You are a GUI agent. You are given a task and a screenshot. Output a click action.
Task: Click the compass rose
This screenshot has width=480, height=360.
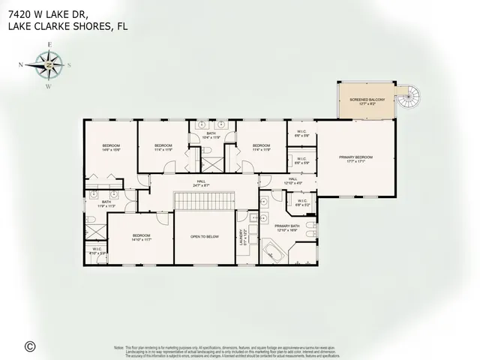pos(48,66)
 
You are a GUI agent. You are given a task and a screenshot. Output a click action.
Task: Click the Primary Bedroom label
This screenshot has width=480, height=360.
pos(355,158)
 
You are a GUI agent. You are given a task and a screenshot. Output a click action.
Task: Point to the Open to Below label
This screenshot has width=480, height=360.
pos(204,236)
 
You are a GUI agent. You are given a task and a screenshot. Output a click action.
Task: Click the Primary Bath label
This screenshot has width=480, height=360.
pos(286,227)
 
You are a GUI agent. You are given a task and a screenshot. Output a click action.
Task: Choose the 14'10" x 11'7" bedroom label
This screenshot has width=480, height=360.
pos(142,238)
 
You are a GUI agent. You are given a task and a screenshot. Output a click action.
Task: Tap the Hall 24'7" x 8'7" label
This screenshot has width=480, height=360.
pos(201,182)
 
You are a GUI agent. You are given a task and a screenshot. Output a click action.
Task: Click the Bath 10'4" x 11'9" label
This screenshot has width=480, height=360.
pos(211,135)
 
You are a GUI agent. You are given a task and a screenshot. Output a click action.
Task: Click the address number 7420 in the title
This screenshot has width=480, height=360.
pos(19,13)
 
